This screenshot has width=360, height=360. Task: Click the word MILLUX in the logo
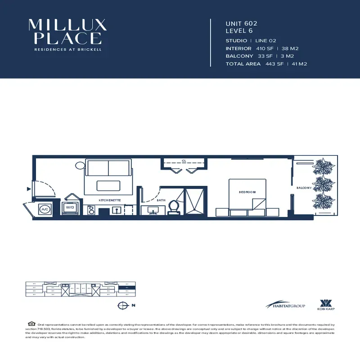pyautogui.click(x=67, y=25)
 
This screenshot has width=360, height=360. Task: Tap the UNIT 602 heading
pyautogui.click(x=241, y=23)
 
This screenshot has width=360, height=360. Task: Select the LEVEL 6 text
pyautogui.click(x=240, y=31)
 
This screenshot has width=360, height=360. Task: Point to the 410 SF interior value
pyautogui.click(x=264, y=48)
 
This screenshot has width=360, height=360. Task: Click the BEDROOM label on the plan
pyautogui.click(x=247, y=192)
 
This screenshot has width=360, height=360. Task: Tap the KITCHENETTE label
pyautogui.click(x=110, y=199)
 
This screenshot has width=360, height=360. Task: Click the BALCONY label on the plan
pyautogui.click(x=304, y=188)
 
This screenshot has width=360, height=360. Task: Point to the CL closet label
pyautogui.click(x=184, y=161)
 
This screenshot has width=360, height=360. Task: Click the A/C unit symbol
pyautogui.click(x=45, y=209)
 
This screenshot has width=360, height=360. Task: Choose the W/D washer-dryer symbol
pyautogui.click(x=71, y=207)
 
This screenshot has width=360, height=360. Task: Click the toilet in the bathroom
pyautogui.click(x=174, y=207)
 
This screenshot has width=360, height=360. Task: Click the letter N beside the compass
pyautogui.click(x=133, y=306)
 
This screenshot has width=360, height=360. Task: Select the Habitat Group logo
pyautogui.click(x=285, y=305)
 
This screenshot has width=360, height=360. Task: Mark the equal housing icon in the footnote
pyautogui.click(x=31, y=324)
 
